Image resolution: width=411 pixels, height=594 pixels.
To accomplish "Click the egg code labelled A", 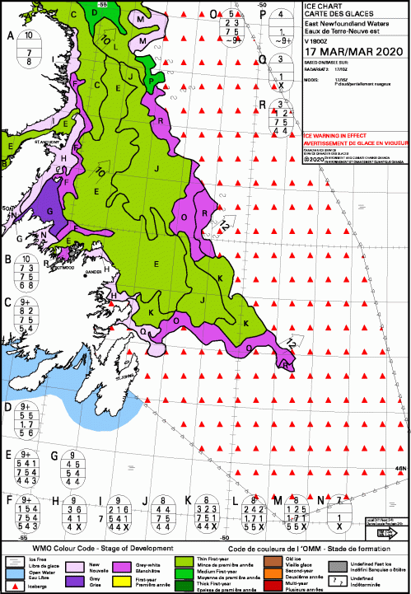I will point(29,48).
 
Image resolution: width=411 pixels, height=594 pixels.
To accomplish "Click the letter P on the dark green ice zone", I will point(151,80).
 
